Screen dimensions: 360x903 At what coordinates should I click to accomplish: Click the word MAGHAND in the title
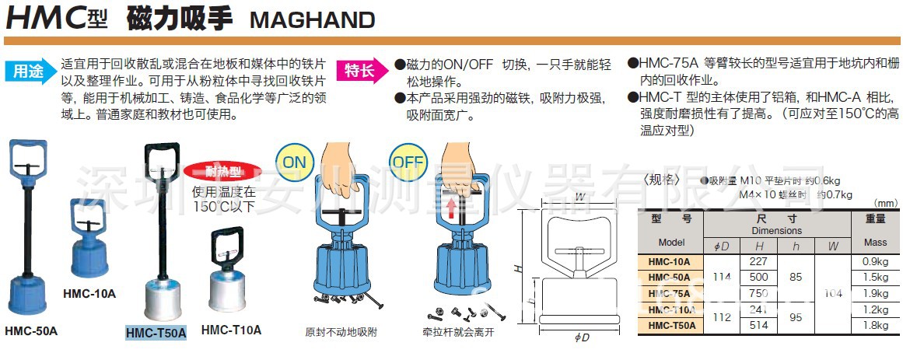[312, 19]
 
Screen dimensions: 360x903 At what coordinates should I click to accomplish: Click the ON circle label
[296, 162]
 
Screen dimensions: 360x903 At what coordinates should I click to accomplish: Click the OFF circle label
[407, 162]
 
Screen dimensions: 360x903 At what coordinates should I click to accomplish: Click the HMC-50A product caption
[30, 330]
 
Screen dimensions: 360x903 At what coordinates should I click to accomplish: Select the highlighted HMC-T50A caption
[156, 333]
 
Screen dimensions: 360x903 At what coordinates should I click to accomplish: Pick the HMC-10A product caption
[89, 294]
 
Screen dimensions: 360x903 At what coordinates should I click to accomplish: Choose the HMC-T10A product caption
[231, 330]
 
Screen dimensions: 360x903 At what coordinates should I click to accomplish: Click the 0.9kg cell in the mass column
[875, 262]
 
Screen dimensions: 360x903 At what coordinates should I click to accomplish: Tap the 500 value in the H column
[758, 278]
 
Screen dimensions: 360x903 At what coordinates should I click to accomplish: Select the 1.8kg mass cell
[875, 326]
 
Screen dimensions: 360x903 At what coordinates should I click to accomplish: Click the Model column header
[670, 243]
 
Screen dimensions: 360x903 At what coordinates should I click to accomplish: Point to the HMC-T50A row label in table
[670, 326]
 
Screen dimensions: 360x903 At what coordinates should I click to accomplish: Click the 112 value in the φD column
[721, 317]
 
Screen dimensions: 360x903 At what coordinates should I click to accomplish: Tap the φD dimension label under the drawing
[581, 338]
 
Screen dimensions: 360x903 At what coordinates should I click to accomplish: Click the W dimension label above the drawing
[580, 197]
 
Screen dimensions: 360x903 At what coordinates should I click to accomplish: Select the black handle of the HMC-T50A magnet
[163, 163]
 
